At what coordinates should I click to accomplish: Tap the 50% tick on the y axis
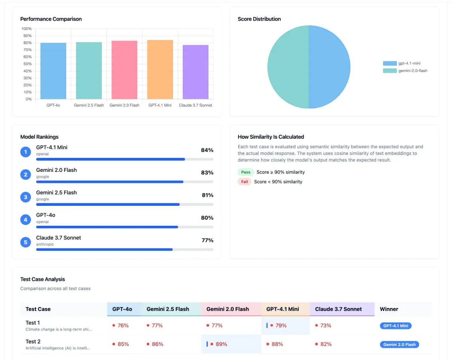click(27, 64)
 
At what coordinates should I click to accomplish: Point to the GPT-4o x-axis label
click(53, 105)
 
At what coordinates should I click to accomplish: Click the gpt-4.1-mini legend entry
click(405, 63)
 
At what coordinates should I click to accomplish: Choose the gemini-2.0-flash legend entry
click(405, 70)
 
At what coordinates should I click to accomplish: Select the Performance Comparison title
click(51, 19)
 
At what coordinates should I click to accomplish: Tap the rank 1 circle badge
click(26, 152)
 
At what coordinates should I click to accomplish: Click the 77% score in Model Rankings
click(207, 240)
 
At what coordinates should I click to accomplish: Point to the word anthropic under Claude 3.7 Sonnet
click(45, 244)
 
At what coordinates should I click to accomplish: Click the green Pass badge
click(246, 172)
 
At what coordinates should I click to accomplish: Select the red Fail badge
click(244, 182)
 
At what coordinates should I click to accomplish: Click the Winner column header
click(389, 309)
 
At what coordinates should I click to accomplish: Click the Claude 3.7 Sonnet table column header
click(338, 309)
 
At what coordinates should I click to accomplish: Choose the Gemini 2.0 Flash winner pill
click(399, 345)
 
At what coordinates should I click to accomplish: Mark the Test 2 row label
click(33, 342)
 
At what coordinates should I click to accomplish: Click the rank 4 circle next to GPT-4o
click(26, 219)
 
